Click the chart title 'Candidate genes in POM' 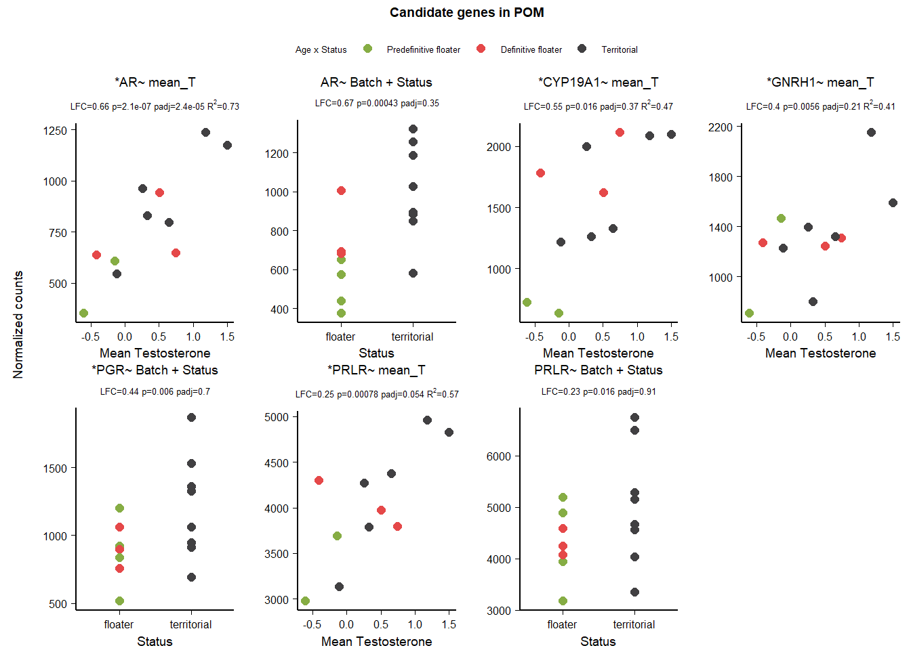pyautogui.click(x=466, y=13)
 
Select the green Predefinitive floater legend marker pyautogui.click(x=367, y=49)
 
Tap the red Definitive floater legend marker pyautogui.click(x=481, y=49)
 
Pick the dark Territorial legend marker pyautogui.click(x=582, y=49)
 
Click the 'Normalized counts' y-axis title pyautogui.click(x=18, y=324)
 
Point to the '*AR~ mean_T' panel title pyautogui.click(x=155, y=83)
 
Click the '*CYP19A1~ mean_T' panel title pyautogui.click(x=598, y=83)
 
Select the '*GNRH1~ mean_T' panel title pyautogui.click(x=820, y=83)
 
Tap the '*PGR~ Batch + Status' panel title pyautogui.click(x=155, y=370)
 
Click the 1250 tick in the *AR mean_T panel pyautogui.click(x=55, y=131)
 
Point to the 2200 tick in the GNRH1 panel pyautogui.click(x=721, y=127)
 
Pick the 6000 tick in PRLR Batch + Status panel pyautogui.click(x=499, y=456)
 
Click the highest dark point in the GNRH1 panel pyautogui.click(x=871, y=133)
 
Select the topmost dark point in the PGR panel pyautogui.click(x=191, y=418)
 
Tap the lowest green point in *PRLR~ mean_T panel pyautogui.click(x=305, y=601)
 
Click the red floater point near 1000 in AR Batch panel pyautogui.click(x=341, y=191)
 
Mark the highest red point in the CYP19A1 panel pyautogui.click(x=620, y=133)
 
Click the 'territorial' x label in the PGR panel pyautogui.click(x=190, y=624)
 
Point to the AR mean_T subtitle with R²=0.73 pyautogui.click(x=155, y=106)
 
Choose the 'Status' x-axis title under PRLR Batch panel pyautogui.click(x=598, y=642)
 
